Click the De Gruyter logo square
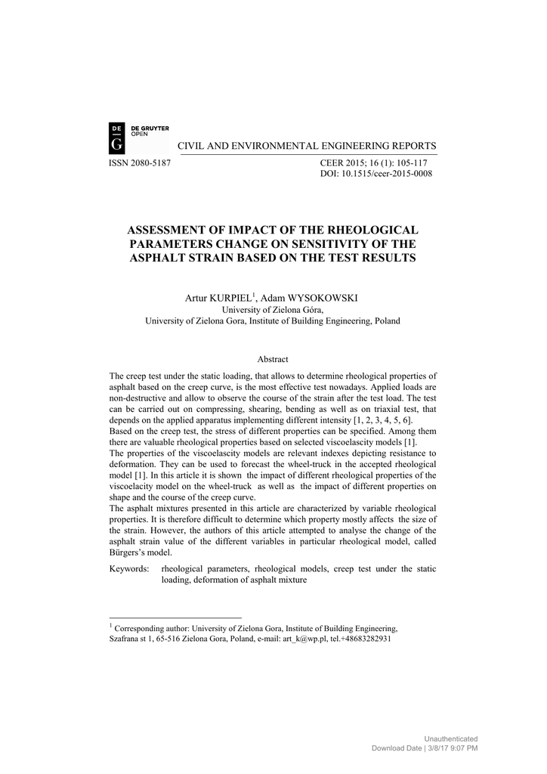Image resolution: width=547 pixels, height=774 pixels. coord(119,136)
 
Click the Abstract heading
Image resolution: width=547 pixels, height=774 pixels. coord(273,359)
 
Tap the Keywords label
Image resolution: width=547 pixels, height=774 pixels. coord(129,568)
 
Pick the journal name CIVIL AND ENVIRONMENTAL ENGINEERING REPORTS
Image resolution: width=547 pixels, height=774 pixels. coord(307,145)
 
